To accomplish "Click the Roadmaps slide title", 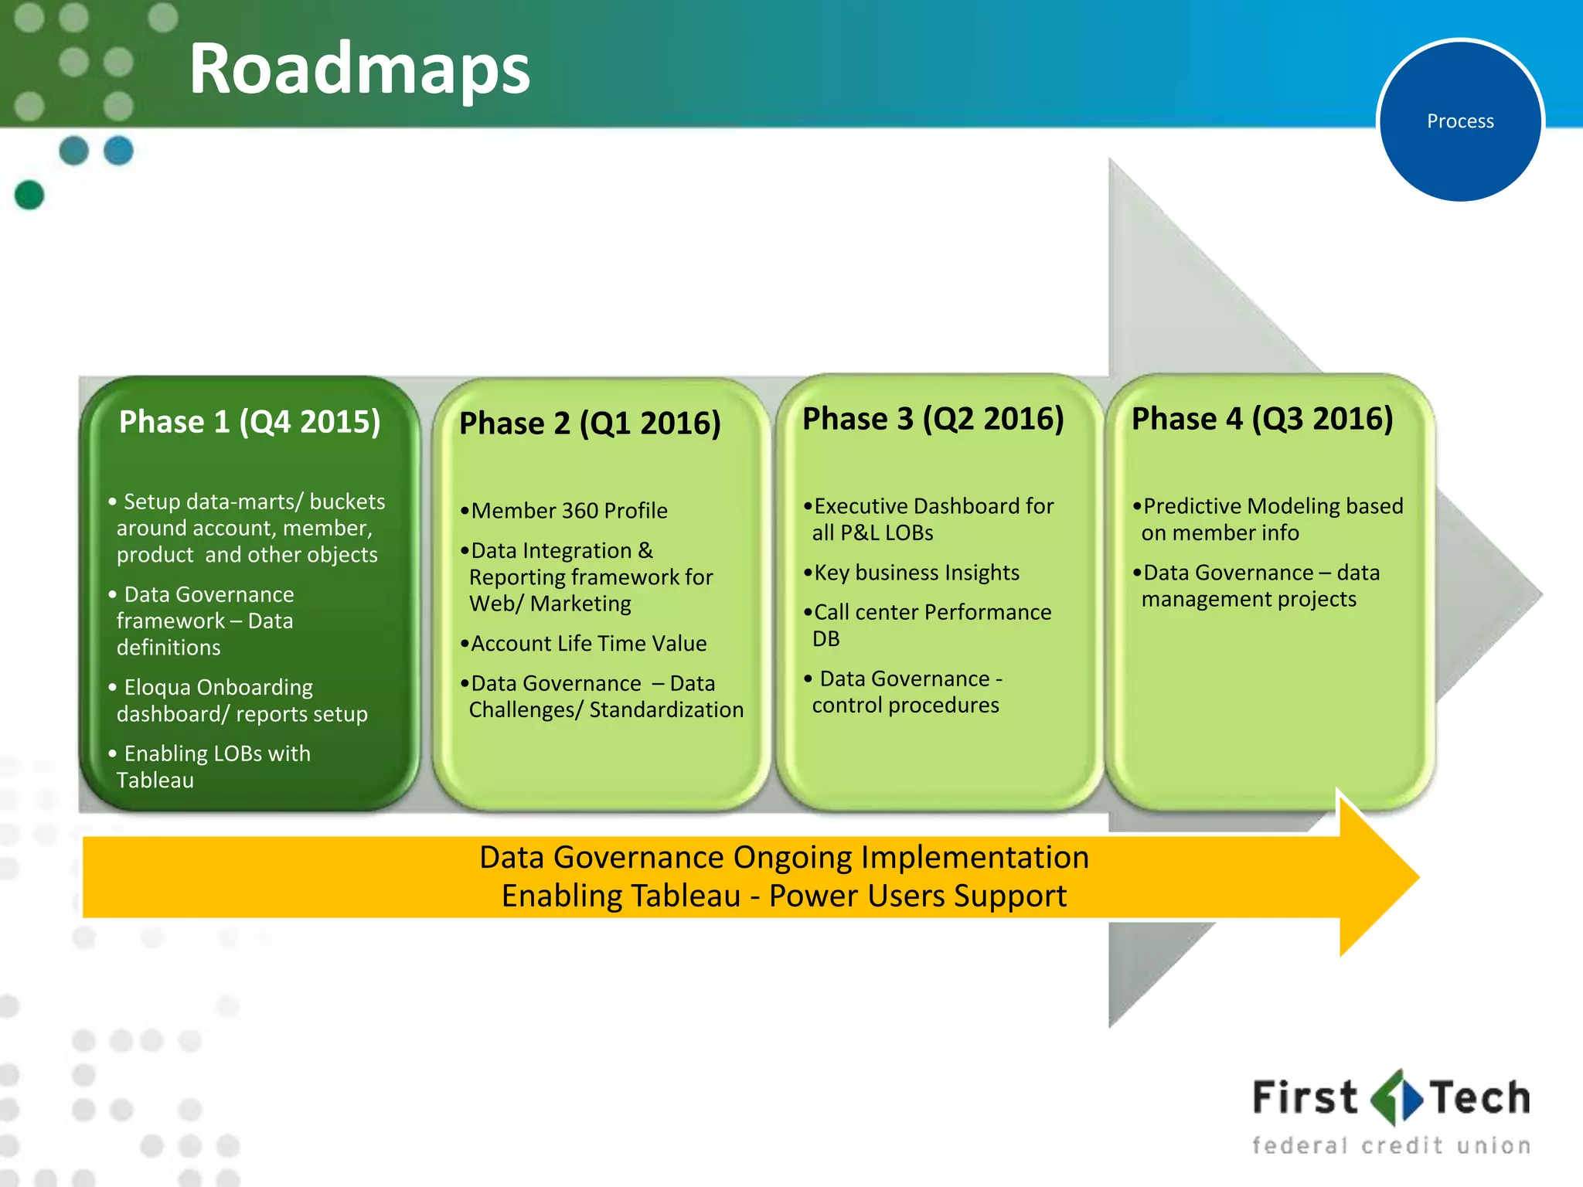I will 359,70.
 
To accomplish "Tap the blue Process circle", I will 1460,121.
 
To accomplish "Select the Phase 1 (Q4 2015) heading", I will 250,422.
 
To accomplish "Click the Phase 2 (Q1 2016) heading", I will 590,423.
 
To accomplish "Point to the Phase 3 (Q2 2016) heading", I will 933,419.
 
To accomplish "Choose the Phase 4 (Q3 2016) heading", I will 1262,419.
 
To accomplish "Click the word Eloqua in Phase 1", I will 157,687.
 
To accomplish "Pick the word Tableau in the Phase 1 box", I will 155,780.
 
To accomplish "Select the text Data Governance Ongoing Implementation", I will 784,857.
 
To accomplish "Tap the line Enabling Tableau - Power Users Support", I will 784,896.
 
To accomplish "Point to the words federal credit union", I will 1391,1145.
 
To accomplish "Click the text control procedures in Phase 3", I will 905,706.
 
